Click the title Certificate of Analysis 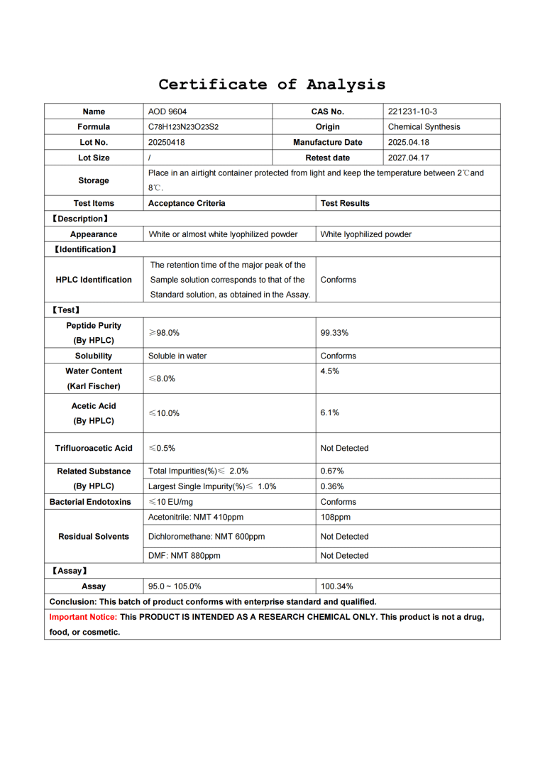pos(272,84)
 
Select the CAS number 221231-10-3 pos(413,111)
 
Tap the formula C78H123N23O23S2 pos(183,127)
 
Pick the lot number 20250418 pos(166,143)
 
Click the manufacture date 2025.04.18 pos(409,143)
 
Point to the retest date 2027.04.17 pos(409,158)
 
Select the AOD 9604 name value pos(167,111)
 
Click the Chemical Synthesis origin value pos(424,127)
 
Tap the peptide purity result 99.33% pos(334,332)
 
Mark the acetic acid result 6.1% pos(330,412)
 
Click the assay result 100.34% pos(337,586)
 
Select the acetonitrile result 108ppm pos(336,518)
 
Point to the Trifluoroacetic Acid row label pos(94,449)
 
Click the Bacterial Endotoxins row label pos(94,502)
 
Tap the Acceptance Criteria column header pos(187,203)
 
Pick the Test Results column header pos(345,203)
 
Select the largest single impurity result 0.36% pos(332,486)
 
